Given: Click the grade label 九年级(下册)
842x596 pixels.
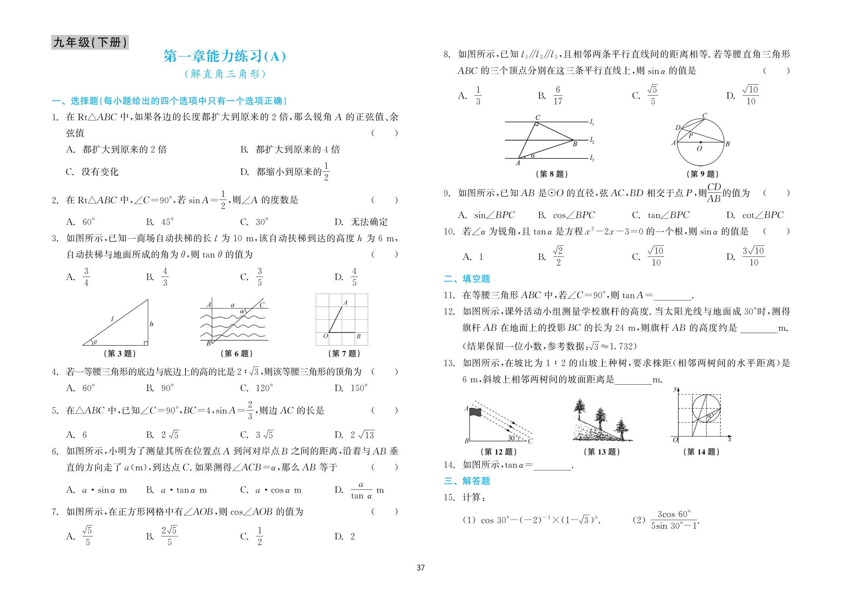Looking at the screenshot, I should (90, 42).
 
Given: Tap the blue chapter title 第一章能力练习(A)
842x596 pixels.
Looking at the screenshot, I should (224, 56).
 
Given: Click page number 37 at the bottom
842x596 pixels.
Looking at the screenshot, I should (420, 568).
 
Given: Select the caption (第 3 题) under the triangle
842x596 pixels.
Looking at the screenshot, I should (119, 354).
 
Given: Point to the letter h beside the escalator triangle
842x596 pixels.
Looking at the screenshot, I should (152, 324).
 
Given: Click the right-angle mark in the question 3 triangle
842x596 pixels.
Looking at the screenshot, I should (146, 343).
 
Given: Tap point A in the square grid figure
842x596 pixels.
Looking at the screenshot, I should (345, 303).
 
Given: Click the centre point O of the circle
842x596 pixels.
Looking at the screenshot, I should (700, 142).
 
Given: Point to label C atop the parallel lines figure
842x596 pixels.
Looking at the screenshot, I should (538, 118).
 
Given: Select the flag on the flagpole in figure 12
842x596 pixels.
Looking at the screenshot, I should (475, 412).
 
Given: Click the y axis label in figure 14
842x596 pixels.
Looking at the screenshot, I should (675, 389).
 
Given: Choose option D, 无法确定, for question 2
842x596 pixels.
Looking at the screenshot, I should (361, 222).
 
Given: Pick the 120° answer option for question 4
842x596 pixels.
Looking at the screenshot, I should (257, 388).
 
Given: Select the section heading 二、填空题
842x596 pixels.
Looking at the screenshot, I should (467, 279).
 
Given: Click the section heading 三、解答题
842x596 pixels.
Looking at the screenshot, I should (467, 481).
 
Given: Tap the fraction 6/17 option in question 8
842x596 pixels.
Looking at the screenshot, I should (557, 95).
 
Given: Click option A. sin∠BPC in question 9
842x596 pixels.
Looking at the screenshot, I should (486, 215).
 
